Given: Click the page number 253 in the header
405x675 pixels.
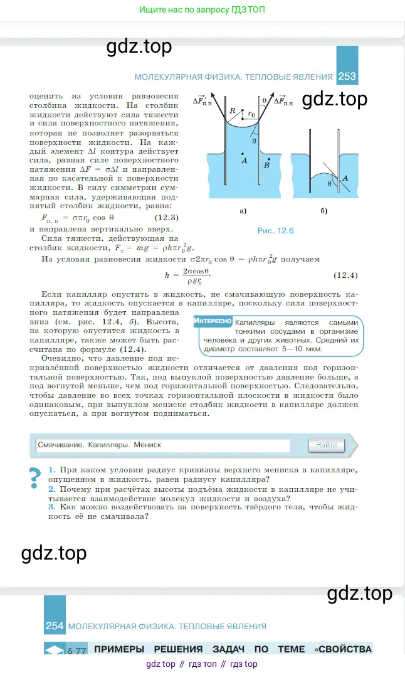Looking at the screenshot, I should (x=347, y=77).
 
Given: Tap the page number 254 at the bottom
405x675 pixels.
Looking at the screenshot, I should (x=55, y=626).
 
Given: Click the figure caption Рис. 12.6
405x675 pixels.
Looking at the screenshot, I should (x=276, y=231).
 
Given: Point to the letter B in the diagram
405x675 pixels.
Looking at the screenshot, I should (x=267, y=166).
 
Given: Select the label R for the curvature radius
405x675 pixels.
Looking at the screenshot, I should (x=233, y=110).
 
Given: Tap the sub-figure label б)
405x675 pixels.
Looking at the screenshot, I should (x=323, y=211).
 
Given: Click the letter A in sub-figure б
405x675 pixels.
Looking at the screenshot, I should (x=345, y=179).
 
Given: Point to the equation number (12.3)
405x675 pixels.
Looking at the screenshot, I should (x=167, y=218).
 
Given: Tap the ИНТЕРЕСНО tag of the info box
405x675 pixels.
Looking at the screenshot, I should (x=213, y=321).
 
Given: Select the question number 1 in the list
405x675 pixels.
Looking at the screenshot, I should (x=51, y=470).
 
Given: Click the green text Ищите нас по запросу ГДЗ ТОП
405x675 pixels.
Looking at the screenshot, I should (x=202, y=9).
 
